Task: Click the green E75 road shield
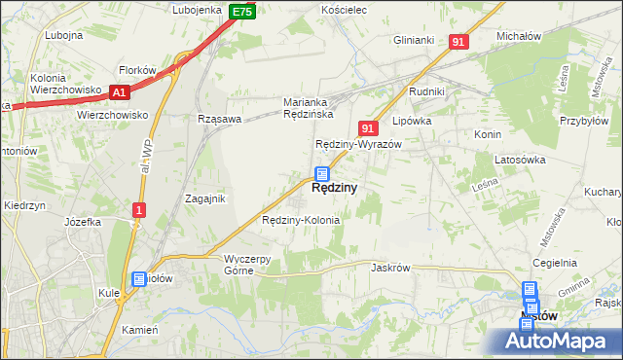tap(242, 12)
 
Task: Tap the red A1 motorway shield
tap(120, 92)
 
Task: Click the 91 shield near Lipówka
tap(367, 128)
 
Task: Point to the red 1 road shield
tap(140, 210)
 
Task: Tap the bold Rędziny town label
tap(333, 189)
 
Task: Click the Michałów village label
tap(518, 36)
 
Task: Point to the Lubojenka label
tap(198, 10)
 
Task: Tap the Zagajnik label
tap(205, 198)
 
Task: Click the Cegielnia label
tap(555, 264)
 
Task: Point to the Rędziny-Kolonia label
tap(301, 221)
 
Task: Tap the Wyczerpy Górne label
tap(252, 265)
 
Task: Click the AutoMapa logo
tap(557, 340)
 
